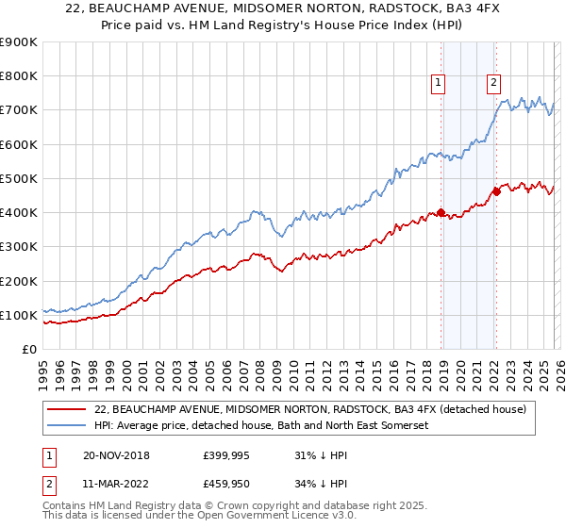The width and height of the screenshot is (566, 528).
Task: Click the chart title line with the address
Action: [283, 9]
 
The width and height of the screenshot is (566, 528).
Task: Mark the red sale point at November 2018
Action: [441, 212]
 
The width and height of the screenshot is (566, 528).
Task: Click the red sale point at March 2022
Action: [496, 192]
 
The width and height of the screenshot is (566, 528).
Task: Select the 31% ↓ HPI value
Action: [320, 455]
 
